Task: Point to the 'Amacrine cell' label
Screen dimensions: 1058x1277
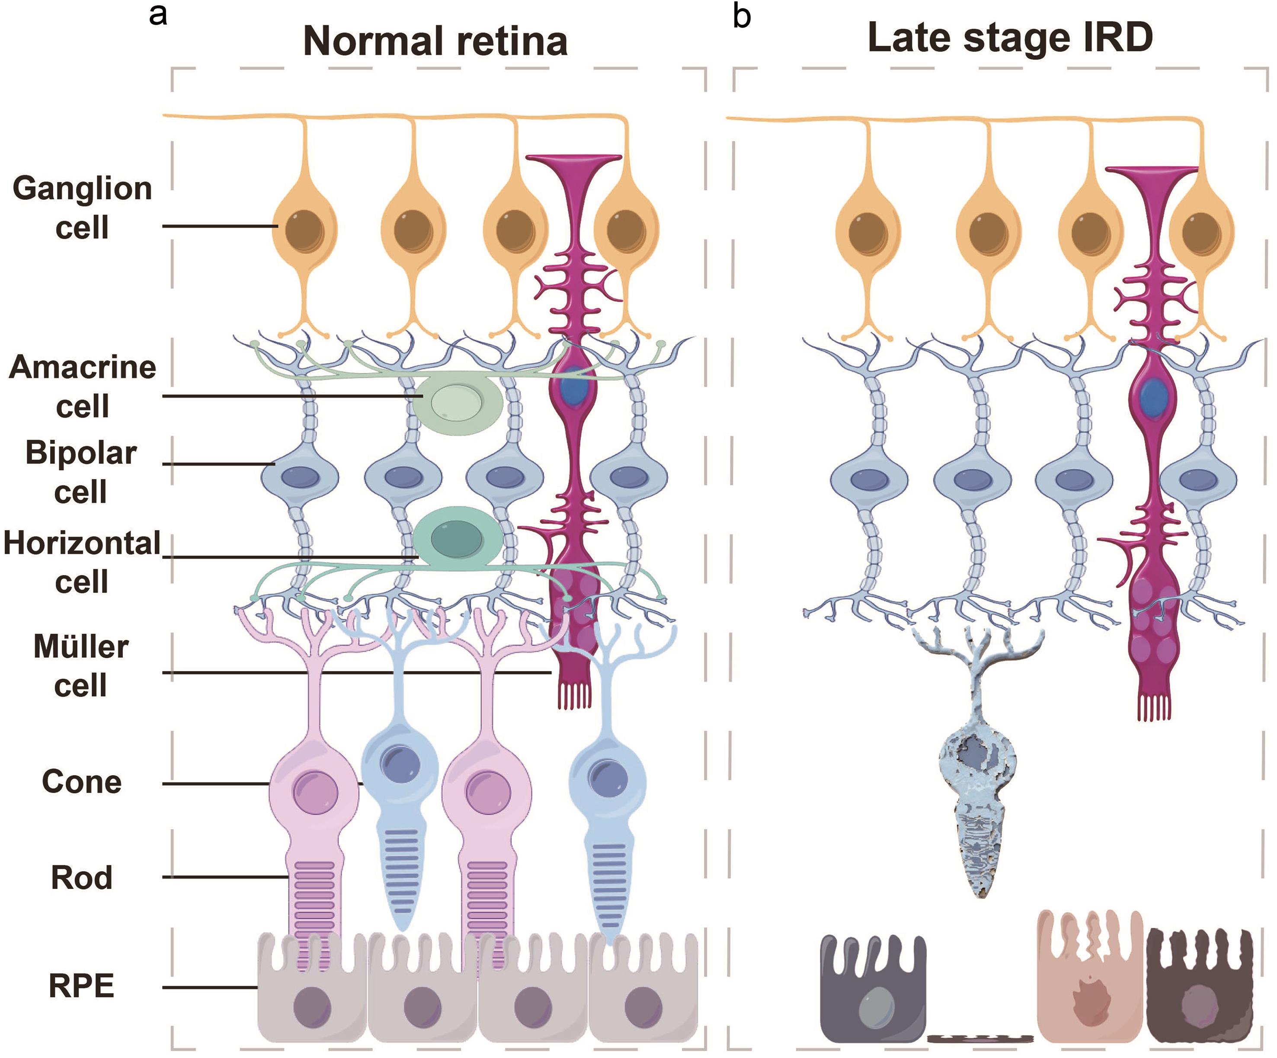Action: (x=82, y=386)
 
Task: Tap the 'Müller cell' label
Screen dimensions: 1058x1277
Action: (x=81, y=665)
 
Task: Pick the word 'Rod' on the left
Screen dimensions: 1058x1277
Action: (x=81, y=877)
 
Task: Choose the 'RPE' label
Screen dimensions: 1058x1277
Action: (x=81, y=986)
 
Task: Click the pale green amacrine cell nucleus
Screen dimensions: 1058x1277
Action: (x=456, y=401)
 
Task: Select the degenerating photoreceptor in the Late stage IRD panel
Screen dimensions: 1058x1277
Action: (x=979, y=790)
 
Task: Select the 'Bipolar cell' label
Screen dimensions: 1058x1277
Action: (x=81, y=472)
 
